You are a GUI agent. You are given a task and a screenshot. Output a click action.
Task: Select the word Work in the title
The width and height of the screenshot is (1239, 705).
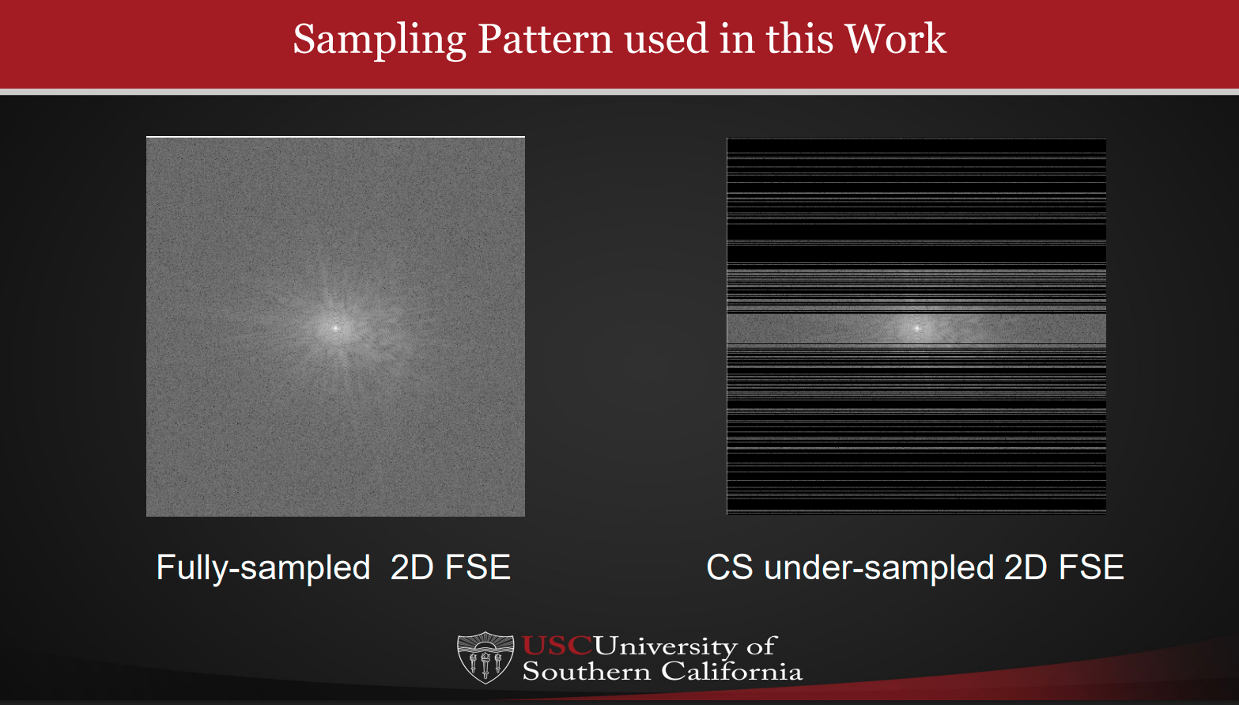(895, 39)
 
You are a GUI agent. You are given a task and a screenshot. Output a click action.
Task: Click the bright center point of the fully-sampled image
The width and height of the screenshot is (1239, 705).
(335, 327)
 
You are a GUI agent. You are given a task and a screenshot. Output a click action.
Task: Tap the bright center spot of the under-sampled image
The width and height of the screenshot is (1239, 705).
(917, 328)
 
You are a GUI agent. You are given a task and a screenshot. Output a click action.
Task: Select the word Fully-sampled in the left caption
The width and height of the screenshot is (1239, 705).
(263, 567)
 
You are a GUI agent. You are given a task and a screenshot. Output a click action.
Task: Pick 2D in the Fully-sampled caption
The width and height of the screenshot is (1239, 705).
(411, 567)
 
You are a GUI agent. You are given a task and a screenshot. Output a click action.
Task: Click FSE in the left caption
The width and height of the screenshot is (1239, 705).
(478, 567)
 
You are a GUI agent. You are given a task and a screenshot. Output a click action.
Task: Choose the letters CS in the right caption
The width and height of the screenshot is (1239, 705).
(729, 567)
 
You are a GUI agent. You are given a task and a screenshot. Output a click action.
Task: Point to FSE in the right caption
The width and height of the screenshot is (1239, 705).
(1091, 567)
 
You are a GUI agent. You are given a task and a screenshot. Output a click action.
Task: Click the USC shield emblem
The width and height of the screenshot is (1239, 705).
(485, 658)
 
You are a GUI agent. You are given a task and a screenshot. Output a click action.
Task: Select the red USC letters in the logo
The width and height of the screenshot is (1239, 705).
(557, 646)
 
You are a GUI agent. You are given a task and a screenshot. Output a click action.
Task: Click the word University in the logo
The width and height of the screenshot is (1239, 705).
(665, 646)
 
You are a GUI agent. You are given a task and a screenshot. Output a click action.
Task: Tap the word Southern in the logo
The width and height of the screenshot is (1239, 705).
(586, 672)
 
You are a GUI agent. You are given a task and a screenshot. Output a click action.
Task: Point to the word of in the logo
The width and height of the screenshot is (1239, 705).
(761, 646)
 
